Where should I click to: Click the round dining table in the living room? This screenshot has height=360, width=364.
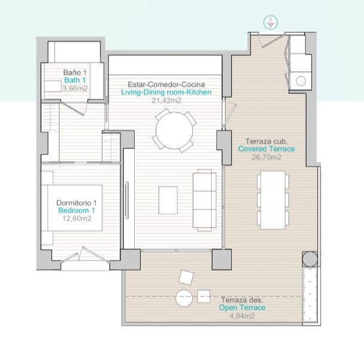coord(174,131)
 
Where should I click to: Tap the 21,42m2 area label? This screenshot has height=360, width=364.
coord(166,101)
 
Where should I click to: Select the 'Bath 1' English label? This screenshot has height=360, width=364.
coord(75,80)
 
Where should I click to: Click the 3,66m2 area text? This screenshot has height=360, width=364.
coord(75,89)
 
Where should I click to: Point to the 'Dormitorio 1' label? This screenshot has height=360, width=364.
coord(77,202)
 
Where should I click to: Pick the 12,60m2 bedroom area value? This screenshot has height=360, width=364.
coord(77,219)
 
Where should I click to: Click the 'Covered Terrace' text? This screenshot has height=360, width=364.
coord(266,149)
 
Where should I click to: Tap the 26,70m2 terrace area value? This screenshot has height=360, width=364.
coord(266,158)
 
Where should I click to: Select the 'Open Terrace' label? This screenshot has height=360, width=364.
coord(242,307)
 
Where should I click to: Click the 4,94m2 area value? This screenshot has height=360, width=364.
coord(242,316)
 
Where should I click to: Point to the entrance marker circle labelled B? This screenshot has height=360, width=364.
coord(271,23)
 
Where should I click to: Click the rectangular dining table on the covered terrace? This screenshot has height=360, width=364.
coord(273,200)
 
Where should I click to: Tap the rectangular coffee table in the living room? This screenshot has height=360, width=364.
coord(168,200)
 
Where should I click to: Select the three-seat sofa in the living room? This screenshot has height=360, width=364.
coord(205,200)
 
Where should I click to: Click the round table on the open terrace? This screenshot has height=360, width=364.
coord(184,298)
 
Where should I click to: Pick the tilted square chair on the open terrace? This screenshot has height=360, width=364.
coord(186,277)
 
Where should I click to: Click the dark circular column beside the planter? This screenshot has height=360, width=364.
coord(310,259)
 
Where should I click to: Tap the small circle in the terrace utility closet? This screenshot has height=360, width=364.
coord(301,81)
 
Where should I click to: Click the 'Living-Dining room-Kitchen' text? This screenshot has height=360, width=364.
coord(166,92)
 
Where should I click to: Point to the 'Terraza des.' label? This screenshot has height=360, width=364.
coord(242,300)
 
